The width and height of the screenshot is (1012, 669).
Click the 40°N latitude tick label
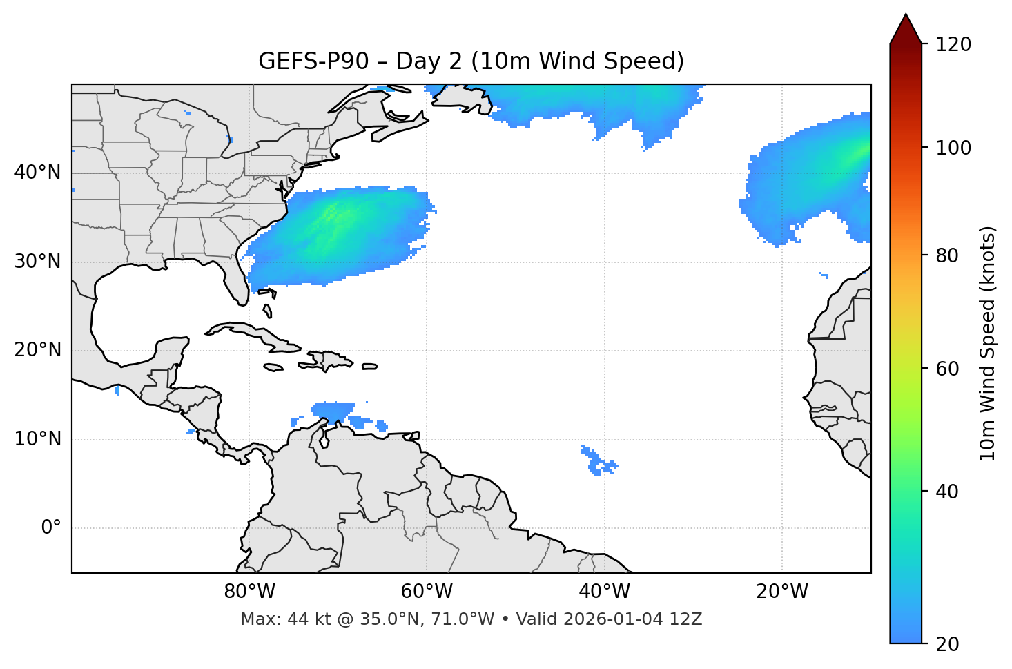[37, 173]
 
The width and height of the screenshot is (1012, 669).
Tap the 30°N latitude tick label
[37, 262]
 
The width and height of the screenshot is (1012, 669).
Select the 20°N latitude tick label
[37, 350]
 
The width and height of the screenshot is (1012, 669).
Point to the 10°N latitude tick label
[37, 439]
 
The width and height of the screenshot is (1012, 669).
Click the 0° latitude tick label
[51, 528]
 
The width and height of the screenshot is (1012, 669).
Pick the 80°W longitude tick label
[249, 592]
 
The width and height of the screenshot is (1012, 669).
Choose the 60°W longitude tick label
[427, 592]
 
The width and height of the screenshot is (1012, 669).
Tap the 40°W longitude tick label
[604, 592]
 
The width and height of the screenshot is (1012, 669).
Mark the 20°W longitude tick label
[781, 592]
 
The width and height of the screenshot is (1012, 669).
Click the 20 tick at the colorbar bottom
[947, 644]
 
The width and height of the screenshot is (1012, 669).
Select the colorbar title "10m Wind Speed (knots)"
[988, 343]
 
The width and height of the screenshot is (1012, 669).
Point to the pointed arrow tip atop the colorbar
[906, 15]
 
